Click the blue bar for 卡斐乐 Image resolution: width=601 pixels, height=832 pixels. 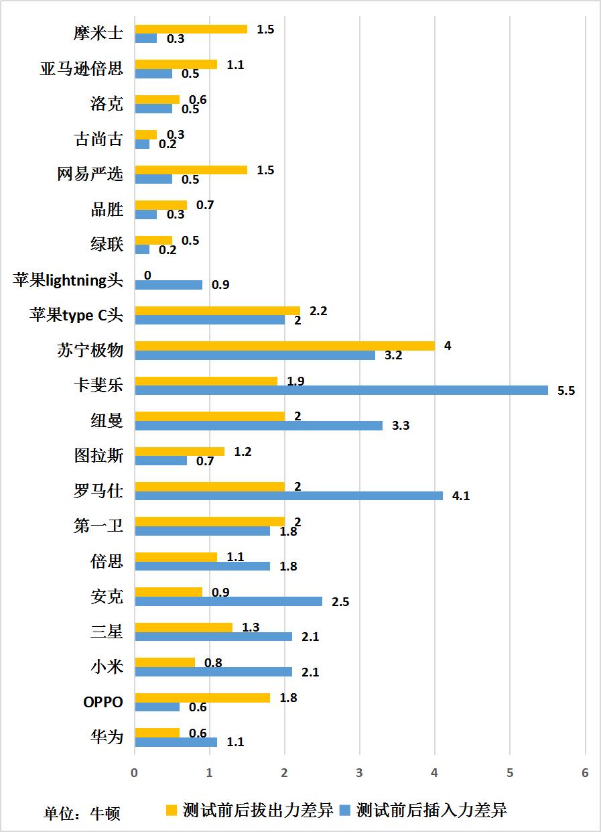pos(342,390)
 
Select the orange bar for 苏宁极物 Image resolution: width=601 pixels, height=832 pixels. pos(285,346)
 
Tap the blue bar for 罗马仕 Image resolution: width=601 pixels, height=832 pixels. pos(289,495)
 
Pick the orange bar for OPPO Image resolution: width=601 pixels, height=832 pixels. pos(202,698)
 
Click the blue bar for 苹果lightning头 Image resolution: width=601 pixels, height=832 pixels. pos(169,285)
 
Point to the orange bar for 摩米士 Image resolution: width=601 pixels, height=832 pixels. pos(191,29)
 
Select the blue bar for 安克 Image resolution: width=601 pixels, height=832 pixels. pos(228,601)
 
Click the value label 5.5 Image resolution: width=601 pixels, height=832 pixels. pos(566,391)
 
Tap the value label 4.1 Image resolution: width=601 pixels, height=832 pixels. pos(461,496)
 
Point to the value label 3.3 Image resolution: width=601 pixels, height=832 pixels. pos(401,426)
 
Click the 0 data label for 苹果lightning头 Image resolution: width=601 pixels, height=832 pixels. pos(147,275)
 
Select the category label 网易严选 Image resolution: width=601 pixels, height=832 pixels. pos(90,174)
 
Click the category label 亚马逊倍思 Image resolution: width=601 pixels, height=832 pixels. pos(82,69)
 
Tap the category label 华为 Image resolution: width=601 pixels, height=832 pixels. pos(107,737)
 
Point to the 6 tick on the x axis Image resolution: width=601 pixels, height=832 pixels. pos(585,773)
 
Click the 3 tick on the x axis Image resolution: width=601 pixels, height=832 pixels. pos(360,773)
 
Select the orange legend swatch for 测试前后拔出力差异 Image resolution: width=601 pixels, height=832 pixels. pos(172,810)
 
